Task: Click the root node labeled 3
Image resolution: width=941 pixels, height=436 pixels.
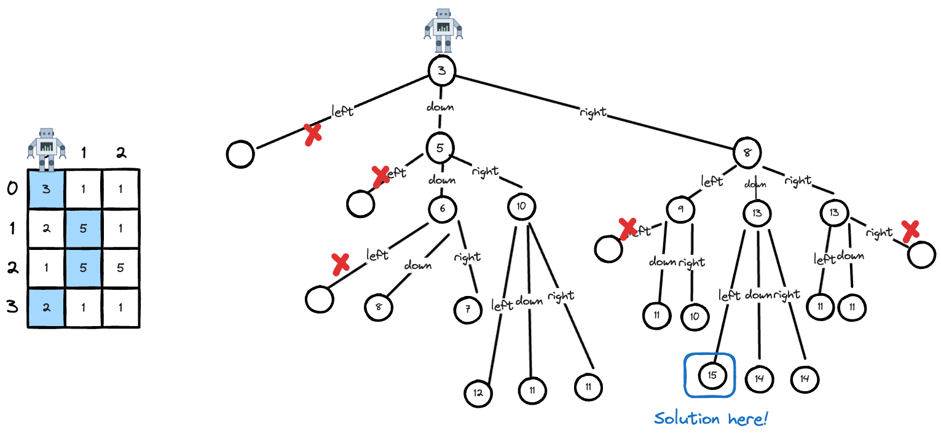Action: click(441, 70)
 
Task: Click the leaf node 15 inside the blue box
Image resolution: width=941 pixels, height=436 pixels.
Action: click(712, 375)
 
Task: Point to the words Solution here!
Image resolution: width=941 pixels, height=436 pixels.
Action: click(711, 419)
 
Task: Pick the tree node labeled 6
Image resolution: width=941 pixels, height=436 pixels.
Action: click(442, 209)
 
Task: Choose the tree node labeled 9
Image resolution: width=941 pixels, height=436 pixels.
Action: click(682, 210)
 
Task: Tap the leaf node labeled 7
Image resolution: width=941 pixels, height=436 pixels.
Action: click(468, 310)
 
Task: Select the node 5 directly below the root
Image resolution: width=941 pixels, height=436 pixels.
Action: click(440, 147)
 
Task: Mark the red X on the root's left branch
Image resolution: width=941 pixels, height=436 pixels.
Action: click(313, 134)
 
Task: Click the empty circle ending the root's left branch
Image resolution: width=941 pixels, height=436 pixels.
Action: click(240, 154)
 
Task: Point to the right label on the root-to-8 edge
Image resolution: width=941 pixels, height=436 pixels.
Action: click(593, 112)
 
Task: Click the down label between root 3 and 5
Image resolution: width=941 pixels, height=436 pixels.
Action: click(440, 107)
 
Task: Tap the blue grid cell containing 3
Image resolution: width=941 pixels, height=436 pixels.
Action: click(46, 189)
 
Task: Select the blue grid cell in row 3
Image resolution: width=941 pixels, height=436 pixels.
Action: click(46, 307)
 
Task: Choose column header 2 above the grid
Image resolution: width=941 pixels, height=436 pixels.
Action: click(121, 154)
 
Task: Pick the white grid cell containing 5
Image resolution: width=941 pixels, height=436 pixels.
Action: click(121, 268)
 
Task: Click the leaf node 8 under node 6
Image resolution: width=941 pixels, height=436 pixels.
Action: click(379, 307)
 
